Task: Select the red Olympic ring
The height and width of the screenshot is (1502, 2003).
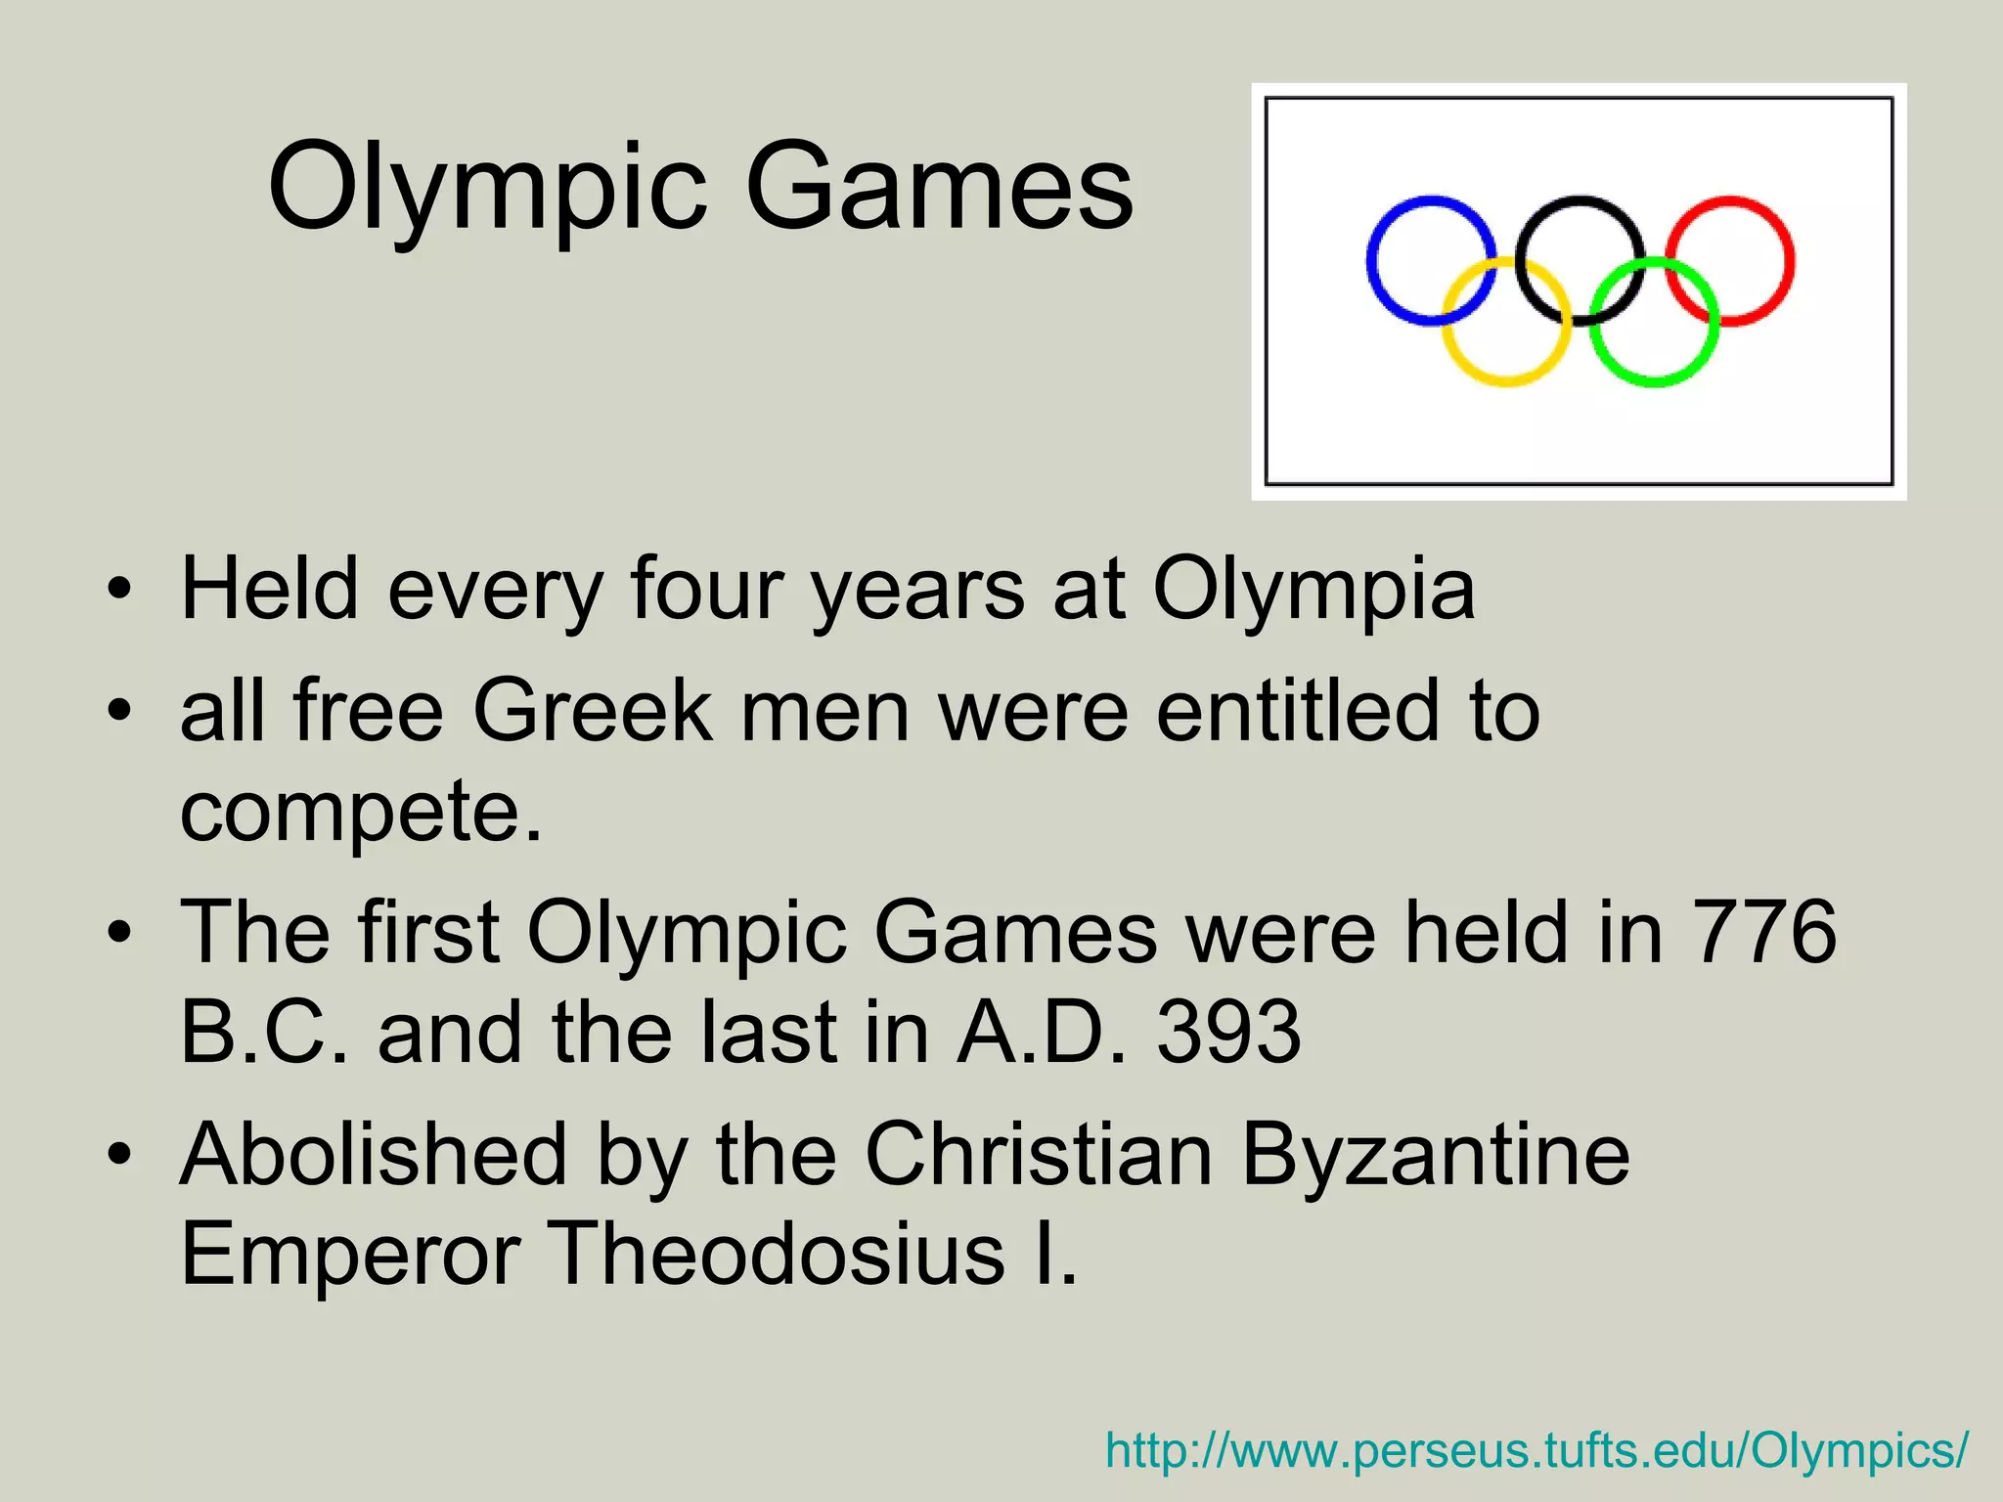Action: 1789,261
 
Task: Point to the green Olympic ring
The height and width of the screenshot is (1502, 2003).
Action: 1654,379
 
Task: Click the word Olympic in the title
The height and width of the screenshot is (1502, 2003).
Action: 486,188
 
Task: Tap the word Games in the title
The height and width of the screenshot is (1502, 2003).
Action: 939,188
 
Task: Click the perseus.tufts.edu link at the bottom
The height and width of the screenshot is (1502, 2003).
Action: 1536,1450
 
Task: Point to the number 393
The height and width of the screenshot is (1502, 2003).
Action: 1228,1033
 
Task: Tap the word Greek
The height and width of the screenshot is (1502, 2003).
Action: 593,711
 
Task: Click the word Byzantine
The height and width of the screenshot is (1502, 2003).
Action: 1435,1155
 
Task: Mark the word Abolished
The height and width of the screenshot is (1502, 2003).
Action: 374,1155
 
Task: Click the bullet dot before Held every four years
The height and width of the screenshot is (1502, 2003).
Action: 119,592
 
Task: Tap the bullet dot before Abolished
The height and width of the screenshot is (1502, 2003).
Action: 119,1157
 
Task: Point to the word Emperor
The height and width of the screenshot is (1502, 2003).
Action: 350,1255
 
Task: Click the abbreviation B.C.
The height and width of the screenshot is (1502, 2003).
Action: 264,1033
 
